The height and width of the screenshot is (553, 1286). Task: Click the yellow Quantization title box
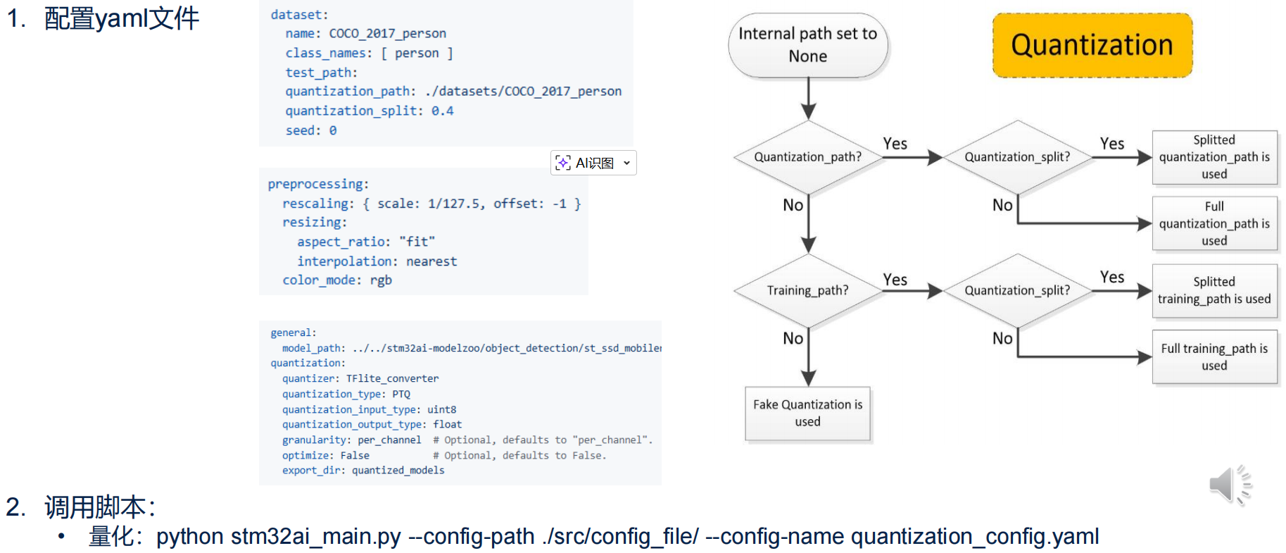[x=1092, y=45]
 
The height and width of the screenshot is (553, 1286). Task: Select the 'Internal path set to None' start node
[x=807, y=45]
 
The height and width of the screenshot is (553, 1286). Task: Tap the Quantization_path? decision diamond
[x=807, y=157]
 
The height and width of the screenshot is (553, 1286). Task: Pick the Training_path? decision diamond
[x=807, y=290]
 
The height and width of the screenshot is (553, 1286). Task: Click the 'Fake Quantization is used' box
[x=807, y=413]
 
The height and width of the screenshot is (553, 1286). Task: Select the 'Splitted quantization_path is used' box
[x=1213, y=157]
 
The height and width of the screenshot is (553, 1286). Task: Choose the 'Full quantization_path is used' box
[x=1213, y=223]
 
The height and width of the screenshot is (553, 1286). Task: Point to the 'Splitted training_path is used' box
[x=1213, y=290]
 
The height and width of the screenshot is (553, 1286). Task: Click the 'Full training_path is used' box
[x=1213, y=356]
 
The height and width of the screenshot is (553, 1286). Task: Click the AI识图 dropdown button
[x=593, y=163]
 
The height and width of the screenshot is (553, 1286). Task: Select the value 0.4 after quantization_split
[x=442, y=111]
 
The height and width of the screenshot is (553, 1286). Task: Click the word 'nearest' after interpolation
[x=431, y=261]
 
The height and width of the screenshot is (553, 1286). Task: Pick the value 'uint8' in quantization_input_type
[x=441, y=409]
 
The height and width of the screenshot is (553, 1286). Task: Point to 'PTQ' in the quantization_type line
[x=401, y=394]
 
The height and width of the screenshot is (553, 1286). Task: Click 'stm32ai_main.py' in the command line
[x=315, y=537]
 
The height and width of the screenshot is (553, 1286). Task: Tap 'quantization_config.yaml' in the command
[x=974, y=537]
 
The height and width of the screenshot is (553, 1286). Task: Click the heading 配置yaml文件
[x=122, y=18]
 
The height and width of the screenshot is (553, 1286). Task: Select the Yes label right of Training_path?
[x=895, y=280]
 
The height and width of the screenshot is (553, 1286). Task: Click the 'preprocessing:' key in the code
[x=318, y=184]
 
